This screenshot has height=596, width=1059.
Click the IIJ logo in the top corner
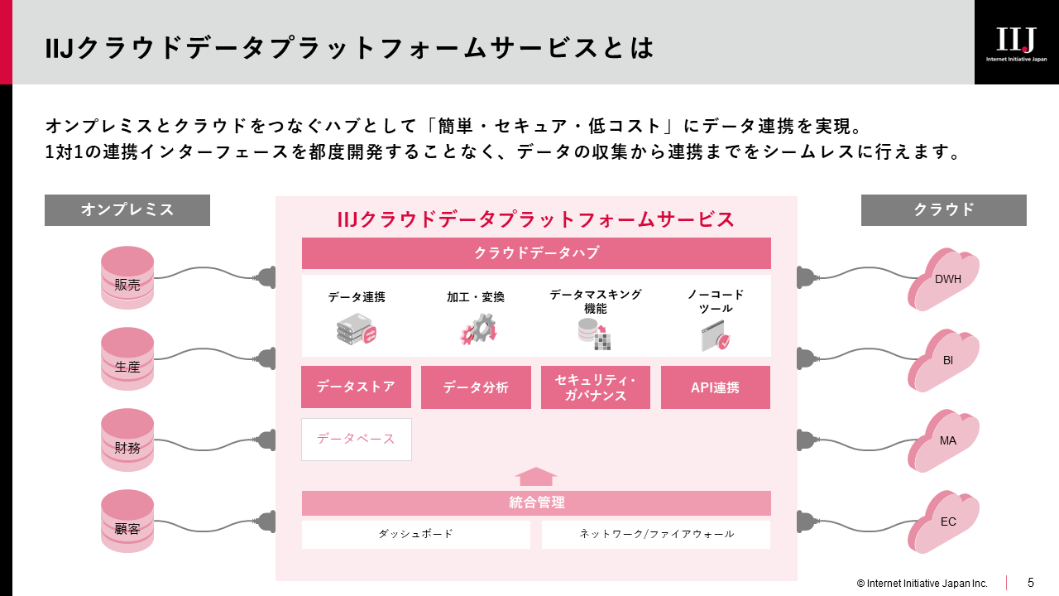[1017, 42]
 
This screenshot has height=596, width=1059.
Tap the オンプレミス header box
[127, 210]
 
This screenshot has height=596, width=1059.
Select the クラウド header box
[944, 210]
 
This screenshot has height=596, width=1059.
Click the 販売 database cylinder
[127, 277]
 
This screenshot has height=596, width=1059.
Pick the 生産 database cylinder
[127, 359]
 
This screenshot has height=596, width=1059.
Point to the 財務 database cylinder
[127, 440]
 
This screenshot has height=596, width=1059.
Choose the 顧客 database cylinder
[127, 521]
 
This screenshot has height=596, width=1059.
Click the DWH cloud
[944, 280]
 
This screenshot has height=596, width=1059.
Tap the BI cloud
[944, 361]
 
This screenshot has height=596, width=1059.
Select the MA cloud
[944, 441]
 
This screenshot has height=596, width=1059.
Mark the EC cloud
[944, 522]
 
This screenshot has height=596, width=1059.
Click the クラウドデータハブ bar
[536, 253]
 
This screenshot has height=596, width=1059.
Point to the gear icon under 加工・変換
[478, 329]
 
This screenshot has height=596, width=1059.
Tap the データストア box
[356, 387]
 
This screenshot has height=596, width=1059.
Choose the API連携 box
[716, 387]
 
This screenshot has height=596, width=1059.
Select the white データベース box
[357, 440]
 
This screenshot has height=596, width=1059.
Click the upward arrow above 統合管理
[535, 476]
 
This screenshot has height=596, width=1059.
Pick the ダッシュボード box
[416, 535]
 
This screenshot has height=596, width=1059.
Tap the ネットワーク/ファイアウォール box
[656, 535]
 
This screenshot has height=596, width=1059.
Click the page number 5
[1031, 582]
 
